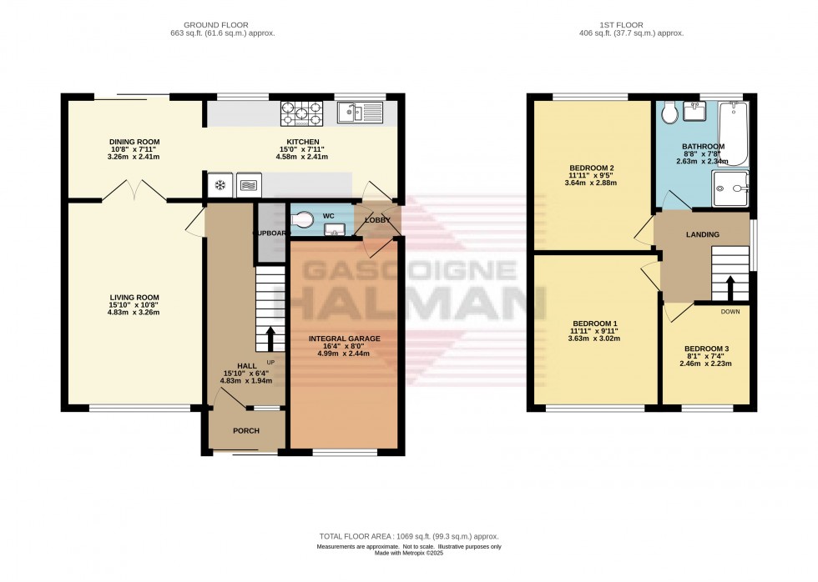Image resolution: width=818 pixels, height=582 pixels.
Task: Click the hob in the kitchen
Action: click(305, 112)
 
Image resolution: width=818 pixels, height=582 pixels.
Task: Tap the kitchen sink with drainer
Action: click(360, 112)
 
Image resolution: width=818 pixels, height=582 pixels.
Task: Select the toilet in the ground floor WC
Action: click(307, 218)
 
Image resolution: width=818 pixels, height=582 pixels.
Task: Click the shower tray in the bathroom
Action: click(732, 189)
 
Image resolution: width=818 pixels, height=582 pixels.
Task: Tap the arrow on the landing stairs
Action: click(730, 287)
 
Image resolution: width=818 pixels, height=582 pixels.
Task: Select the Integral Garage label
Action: click(344, 338)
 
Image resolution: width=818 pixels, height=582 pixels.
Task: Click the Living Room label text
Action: click(134, 298)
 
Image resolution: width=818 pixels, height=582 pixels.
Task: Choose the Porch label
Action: click(245, 431)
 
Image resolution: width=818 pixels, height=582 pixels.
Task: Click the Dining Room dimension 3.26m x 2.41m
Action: click(134, 157)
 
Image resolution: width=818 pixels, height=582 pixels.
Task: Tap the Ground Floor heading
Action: click(222, 25)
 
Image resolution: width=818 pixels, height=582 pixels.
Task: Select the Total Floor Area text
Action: click(408, 536)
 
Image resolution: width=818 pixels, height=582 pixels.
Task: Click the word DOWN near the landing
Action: click(729, 312)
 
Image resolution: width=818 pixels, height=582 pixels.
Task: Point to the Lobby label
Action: click(376, 220)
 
